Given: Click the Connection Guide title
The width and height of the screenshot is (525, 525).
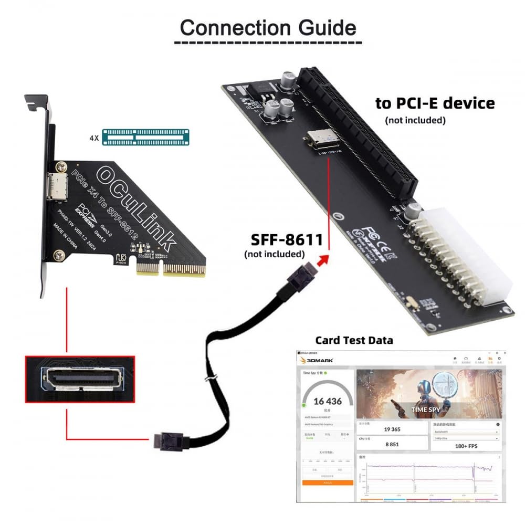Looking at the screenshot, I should point(268,27).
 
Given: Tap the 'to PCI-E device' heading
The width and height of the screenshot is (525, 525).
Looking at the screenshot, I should point(435,103).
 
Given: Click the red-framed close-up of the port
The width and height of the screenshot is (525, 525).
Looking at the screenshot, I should point(80,379).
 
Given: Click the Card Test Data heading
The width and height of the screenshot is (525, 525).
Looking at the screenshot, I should point(354,340).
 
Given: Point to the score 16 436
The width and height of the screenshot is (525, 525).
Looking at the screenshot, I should point(328,402).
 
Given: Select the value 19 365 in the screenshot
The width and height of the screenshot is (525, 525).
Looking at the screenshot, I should point(392,429).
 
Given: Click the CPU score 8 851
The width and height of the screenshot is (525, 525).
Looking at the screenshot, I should point(392,444).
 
